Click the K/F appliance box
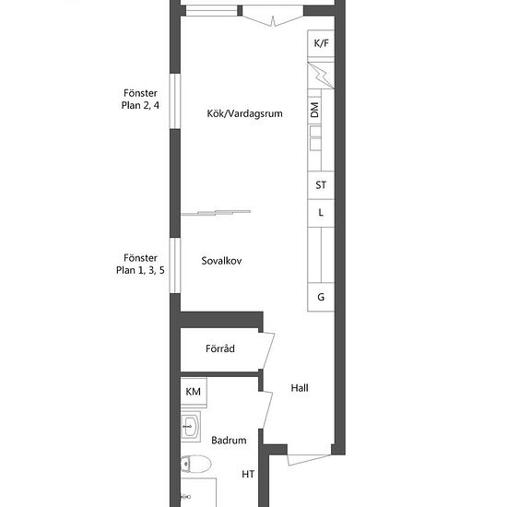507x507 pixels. click(x=321, y=43)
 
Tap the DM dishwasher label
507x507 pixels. click(x=314, y=111)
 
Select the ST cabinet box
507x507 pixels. click(x=321, y=185)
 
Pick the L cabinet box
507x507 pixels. click(x=321, y=213)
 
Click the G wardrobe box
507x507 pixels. click(x=321, y=297)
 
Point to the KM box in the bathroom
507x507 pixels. click(x=194, y=392)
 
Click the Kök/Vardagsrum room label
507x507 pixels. click(x=244, y=114)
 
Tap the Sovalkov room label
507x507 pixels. click(x=221, y=261)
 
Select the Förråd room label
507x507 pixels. click(x=220, y=349)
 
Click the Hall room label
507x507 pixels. click(x=300, y=388)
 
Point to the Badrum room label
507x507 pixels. click(x=228, y=441)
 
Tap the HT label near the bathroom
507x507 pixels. click(x=248, y=475)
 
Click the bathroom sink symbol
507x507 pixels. click(x=190, y=426)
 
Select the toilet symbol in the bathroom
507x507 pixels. click(x=187, y=465)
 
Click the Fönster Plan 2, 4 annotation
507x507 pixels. click(x=141, y=100)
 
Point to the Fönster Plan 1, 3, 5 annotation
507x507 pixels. click(x=141, y=265)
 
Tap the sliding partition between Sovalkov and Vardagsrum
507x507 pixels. click(x=217, y=212)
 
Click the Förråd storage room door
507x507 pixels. click(x=268, y=349)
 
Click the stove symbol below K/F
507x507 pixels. click(x=320, y=74)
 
